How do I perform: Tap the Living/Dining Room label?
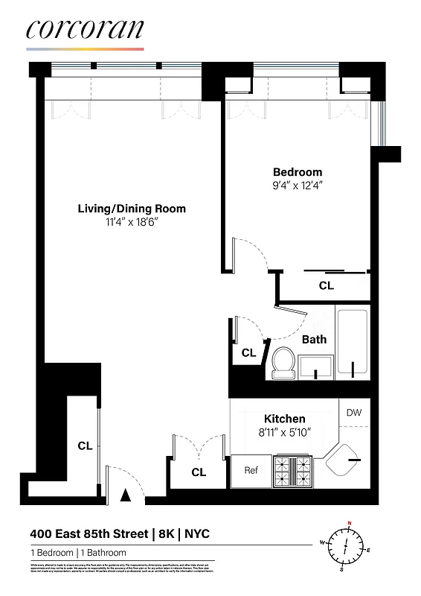(132, 209)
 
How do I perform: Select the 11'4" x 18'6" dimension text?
(132, 222)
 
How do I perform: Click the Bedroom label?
(298, 172)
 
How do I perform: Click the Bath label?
(314, 340)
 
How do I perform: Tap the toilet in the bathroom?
(283, 362)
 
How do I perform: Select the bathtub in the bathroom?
(353, 343)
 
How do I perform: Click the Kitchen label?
(285, 419)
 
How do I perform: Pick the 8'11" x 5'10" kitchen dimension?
(285, 431)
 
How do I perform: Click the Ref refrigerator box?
(251, 470)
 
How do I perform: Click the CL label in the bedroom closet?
(327, 285)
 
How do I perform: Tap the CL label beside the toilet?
(248, 353)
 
